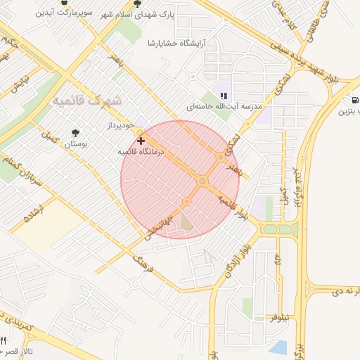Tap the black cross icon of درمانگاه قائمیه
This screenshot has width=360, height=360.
tap(141, 141)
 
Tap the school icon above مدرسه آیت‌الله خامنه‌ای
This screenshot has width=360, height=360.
tap(224, 96)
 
